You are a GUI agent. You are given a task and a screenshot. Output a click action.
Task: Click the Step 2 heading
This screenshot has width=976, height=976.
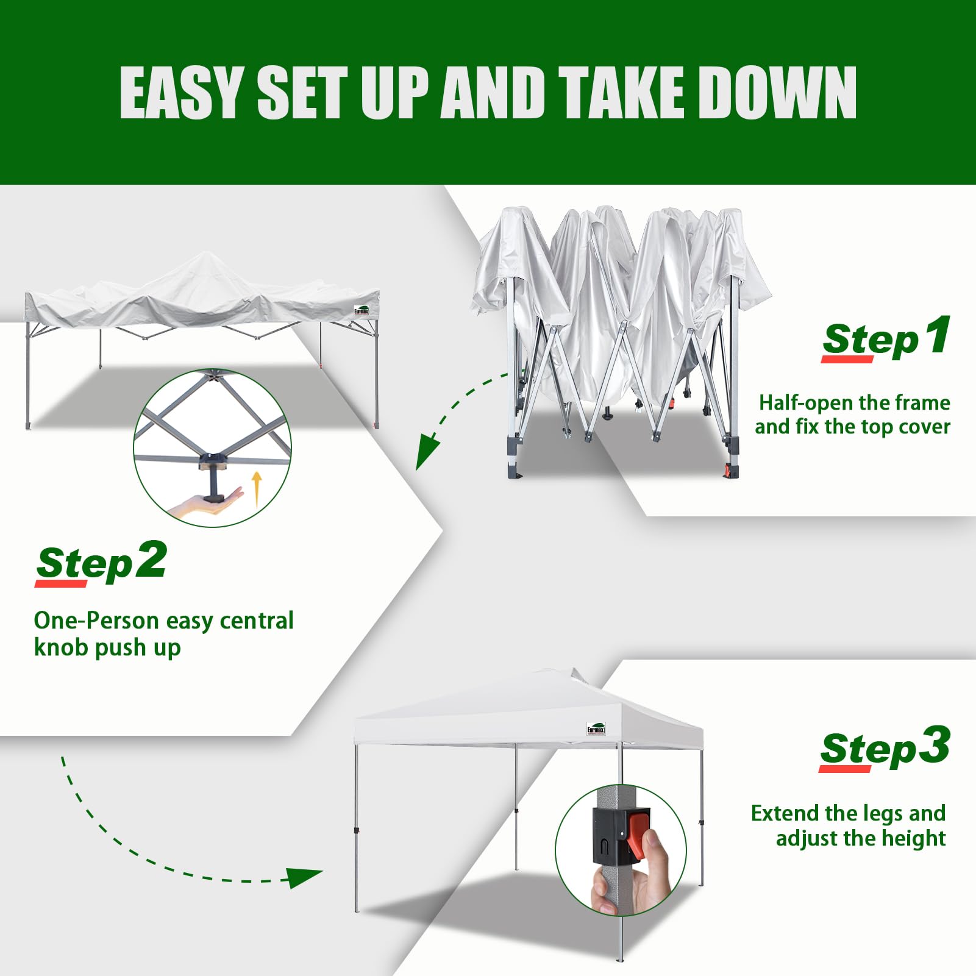coord(101,563)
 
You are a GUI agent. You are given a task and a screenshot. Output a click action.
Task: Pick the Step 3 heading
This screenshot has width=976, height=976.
coord(885,748)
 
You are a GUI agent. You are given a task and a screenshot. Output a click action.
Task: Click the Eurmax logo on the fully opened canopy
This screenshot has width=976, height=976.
coord(596,728)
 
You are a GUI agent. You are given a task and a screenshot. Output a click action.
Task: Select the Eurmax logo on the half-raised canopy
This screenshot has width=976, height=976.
coord(362,310)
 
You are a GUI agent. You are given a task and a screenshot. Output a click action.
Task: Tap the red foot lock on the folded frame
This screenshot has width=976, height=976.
coord(728,471)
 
